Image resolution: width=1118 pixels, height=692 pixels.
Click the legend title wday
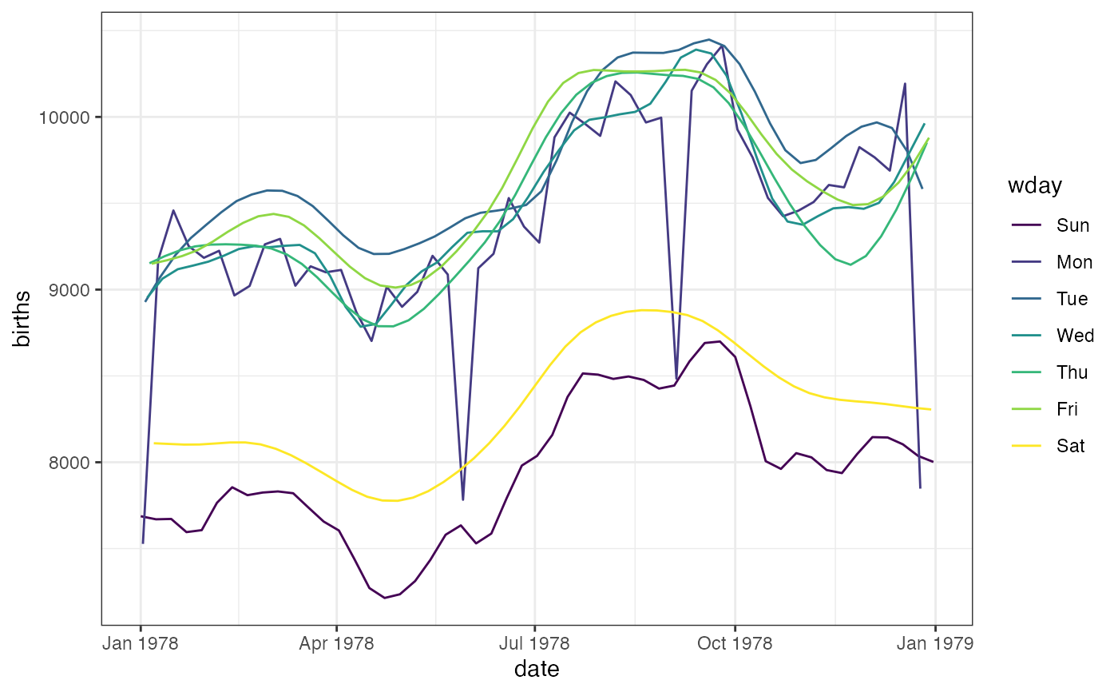coord(1033,186)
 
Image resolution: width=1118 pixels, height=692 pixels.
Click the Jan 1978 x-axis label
coord(141,643)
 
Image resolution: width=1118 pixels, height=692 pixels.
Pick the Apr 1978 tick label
coord(336,643)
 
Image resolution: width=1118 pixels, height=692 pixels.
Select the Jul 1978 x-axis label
coord(534,643)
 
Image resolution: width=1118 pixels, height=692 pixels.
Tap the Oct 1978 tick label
coord(735,643)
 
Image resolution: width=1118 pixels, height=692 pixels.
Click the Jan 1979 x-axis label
coord(935,643)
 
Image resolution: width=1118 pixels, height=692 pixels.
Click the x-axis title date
coord(537,670)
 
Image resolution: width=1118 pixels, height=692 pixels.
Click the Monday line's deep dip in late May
coord(463,499)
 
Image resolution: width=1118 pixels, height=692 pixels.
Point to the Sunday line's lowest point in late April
coord(385,598)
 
